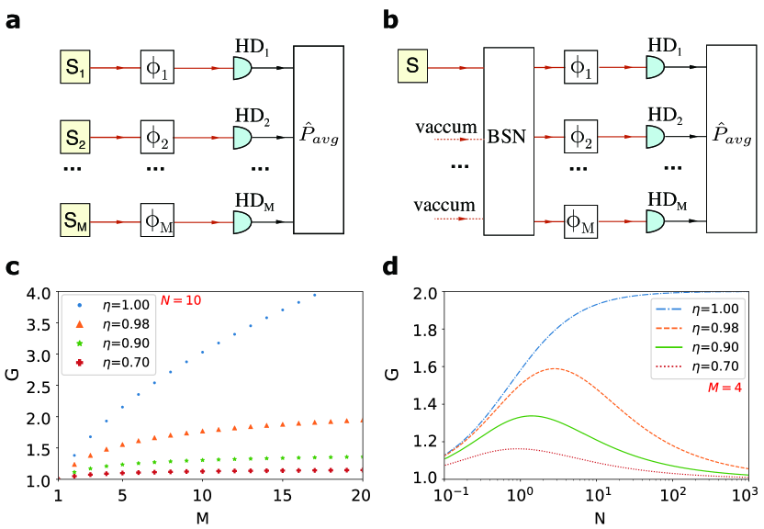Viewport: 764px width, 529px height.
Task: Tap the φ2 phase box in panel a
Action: click(157, 139)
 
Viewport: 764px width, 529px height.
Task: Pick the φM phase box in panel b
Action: click(579, 221)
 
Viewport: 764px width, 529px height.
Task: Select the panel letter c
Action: click(13, 268)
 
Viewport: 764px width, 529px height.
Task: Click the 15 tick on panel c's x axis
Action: click(272, 495)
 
